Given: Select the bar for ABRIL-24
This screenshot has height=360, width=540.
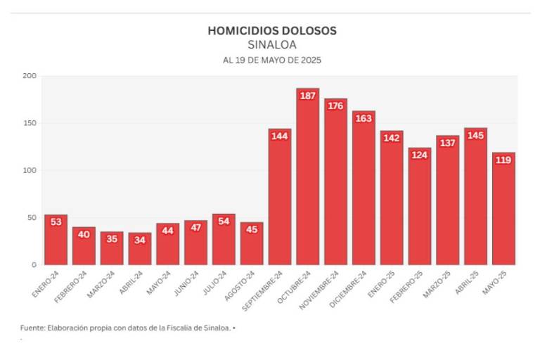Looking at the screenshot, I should (139, 249).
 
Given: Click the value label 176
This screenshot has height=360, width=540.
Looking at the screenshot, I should (335, 106).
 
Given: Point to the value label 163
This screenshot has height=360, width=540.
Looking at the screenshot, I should (364, 118).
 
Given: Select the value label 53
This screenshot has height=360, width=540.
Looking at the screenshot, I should (56, 222).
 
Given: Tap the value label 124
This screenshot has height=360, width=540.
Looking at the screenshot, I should (419, 155).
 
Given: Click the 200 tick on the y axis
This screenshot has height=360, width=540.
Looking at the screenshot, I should (29, 76).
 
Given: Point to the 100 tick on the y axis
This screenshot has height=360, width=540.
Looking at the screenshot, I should (29, 170).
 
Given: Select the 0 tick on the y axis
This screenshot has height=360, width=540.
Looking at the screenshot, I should (33, 265).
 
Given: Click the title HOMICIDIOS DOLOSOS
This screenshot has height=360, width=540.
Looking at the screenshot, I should (272, 31).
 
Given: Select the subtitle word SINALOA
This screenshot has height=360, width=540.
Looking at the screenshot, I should (272, 45).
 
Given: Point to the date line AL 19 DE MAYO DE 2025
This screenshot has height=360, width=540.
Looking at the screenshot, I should (272, 60).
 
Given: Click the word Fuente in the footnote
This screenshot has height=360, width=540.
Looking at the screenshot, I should (33, 328).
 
